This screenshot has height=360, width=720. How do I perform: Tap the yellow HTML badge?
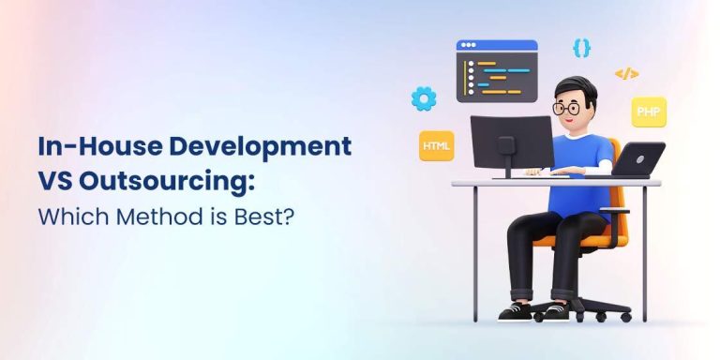(436, 146)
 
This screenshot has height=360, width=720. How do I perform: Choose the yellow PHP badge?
(648, 112)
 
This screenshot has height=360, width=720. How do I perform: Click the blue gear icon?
(424, 97)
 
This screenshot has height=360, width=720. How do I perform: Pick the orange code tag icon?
(626, 73)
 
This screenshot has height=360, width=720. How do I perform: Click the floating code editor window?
(496, 71)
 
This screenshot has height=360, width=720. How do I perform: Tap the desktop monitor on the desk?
(512, 141)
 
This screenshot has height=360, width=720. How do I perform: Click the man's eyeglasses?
(567, 108)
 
